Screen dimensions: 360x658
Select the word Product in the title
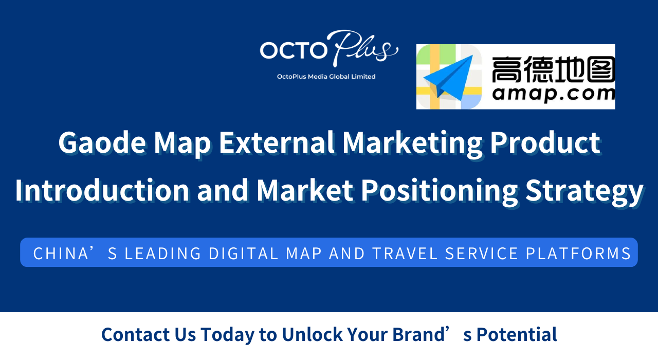tap(545, 143)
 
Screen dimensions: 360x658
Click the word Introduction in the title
tap(102, 190)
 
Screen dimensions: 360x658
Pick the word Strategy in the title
tap(584, 190)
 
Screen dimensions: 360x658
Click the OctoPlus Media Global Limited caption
tap(326, 77)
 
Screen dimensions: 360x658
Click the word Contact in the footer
tap(135, 335)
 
